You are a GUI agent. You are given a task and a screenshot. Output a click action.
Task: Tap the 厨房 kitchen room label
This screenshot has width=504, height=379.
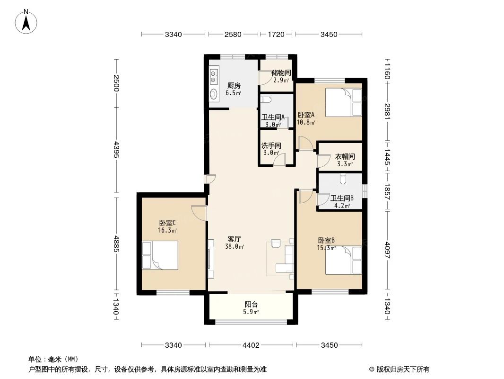pos(234,86)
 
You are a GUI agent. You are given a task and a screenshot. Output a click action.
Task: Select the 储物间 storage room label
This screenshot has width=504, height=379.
pos(281,73)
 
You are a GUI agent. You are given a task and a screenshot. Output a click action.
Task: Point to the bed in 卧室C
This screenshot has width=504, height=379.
pos(160,255)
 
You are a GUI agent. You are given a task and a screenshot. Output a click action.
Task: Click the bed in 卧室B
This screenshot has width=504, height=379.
pos(344,260)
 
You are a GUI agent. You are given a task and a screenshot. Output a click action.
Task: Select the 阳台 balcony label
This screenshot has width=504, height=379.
pos(251,305)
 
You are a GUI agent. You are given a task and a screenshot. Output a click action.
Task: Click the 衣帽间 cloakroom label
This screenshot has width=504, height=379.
pos(345,156)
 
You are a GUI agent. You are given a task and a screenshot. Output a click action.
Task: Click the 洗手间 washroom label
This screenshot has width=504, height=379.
pos(271,146)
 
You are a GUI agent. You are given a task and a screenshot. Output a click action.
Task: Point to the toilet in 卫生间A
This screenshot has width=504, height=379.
pos(265,100)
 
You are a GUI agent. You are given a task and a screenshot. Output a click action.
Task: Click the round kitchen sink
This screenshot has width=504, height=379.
pos(214,93)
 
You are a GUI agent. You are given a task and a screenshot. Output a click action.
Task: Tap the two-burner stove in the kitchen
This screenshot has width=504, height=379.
pos(214,73)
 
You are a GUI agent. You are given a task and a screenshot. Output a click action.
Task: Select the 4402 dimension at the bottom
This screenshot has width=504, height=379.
pos(251,345)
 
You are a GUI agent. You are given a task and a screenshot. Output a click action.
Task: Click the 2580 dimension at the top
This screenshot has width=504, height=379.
pos(233,34)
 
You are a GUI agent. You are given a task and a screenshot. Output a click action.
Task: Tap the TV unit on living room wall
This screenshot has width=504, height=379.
pos(210,258)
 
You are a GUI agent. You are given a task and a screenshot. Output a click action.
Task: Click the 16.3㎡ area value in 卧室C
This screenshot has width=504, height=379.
pos(167,231)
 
